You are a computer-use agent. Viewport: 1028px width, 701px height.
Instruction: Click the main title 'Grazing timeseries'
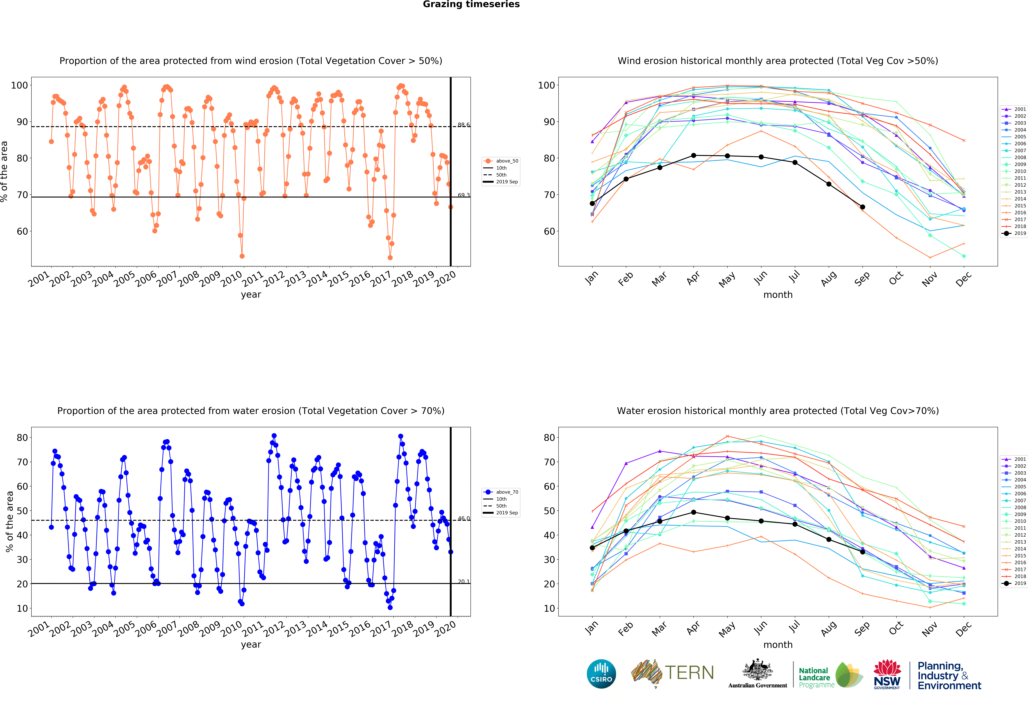tap(471, 4)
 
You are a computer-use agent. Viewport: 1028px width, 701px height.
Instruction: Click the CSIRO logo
tap(601, 674)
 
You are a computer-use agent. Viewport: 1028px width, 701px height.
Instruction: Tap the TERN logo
tap(672, 673)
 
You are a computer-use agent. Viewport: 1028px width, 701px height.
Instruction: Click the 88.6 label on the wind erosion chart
tap(464, 125)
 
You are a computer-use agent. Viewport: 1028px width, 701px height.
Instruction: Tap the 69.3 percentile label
tap(464, 195)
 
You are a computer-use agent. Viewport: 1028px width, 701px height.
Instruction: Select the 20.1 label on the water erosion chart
tap(464, 582)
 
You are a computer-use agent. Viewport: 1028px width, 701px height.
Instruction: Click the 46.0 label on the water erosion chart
tap(464, 519)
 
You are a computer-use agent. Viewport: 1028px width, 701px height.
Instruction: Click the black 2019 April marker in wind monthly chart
tap(694, 155)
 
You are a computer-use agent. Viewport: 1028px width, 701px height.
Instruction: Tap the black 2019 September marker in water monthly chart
tap(863, 552)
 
